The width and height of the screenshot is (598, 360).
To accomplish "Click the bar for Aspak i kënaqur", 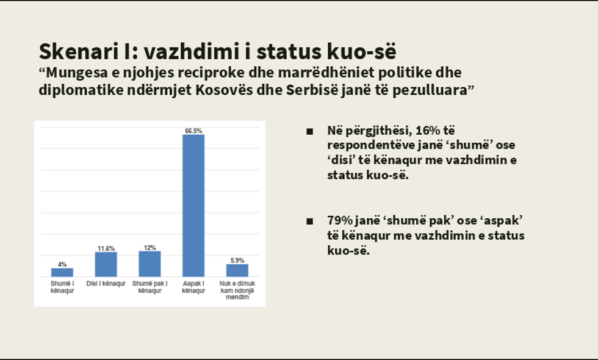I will coord(193,205).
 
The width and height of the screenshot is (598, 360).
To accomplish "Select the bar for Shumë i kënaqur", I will coord(62,272).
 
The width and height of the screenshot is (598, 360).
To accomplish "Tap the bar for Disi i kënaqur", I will coord(106,264).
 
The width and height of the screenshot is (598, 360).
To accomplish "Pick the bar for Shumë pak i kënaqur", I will coord(149,264).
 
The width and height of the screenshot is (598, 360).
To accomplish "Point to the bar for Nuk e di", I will coord(237,270).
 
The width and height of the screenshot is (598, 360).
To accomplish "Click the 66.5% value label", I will coord(193,131).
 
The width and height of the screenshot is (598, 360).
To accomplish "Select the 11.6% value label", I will coord(106,248).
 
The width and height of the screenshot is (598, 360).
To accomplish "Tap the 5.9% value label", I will coord(237,261).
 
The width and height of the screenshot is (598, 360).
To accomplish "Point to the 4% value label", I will coord(62,264).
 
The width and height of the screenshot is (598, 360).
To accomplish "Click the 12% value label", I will coord(149,248).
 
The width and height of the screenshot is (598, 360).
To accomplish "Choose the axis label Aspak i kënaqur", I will coord(193,287).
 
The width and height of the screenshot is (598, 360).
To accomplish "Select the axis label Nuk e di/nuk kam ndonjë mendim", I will coord(237,290).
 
